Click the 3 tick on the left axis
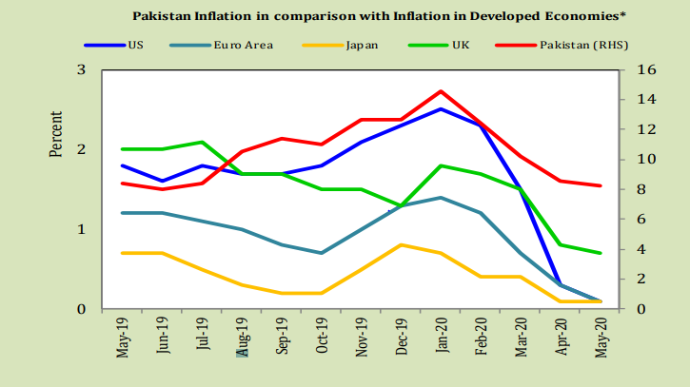pos(81,70)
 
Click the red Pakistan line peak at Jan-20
pos(441,91)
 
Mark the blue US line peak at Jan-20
pos(441,109)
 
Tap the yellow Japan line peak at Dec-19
pos(401,245)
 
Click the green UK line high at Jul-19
pos(203,142)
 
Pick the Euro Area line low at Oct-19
pos(322,253)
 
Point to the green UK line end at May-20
pos(599,253)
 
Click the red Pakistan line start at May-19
pos(124,184)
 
